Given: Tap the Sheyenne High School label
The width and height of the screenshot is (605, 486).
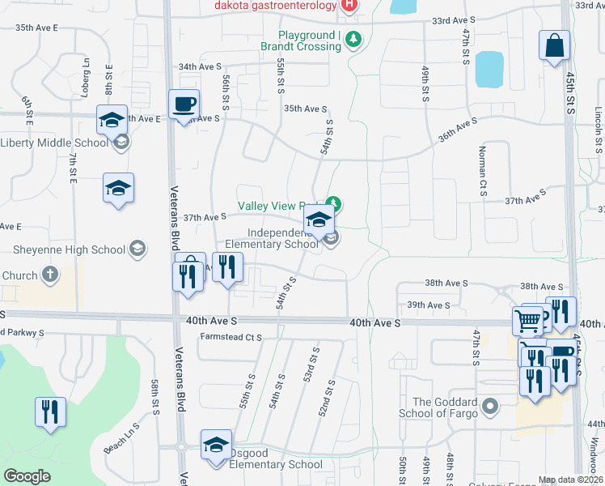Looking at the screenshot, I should (69, 249).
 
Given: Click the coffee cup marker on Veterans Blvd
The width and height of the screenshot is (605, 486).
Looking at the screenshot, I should (184, 104).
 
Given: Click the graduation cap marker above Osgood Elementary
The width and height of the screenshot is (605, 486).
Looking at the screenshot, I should (216, 446).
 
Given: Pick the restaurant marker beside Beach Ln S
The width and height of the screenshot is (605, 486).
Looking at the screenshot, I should (50, 411).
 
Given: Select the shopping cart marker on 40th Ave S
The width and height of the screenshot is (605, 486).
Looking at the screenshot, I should (527, 322).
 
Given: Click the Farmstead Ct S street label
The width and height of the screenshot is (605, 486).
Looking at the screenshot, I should (231, 336).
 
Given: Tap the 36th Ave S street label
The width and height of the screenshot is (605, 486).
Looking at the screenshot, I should (457, 130).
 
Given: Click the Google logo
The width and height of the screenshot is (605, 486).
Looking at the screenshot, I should (27, 476).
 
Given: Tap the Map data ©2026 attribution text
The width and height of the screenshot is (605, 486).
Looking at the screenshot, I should (570, 480).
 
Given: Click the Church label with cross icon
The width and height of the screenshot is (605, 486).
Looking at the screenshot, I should (19, 275).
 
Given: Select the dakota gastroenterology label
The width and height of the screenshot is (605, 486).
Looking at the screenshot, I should (275, 5).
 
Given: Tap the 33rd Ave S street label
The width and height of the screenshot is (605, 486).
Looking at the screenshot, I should (454, 19).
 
